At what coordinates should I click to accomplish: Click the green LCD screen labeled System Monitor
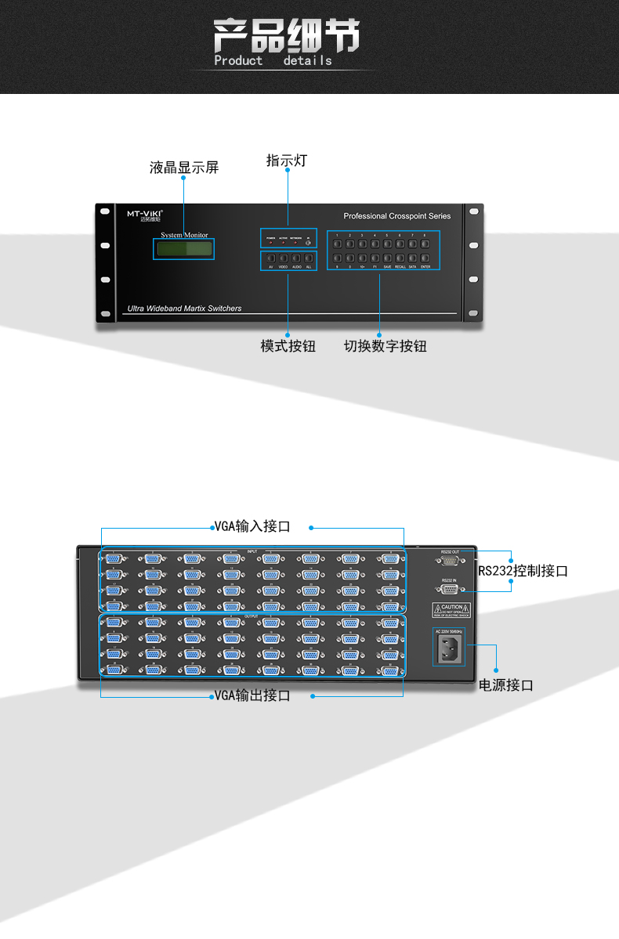(184, 249)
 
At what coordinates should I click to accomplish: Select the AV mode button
(270, 258)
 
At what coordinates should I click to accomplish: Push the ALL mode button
(309, 258)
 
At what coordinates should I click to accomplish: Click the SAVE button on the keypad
(387, 258)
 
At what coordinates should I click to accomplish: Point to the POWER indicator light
(270, 242)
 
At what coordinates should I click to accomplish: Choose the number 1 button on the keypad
(337, 244)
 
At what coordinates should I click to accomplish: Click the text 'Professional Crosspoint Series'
(396, 216)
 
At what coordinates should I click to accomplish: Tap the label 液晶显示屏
(184, 168)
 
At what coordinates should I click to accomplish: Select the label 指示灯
(287, 161)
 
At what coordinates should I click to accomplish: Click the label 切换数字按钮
(385, 346)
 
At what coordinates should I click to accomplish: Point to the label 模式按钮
(288, 346)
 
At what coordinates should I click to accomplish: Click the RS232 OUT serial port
(449, 562)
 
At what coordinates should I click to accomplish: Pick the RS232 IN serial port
(449, 589)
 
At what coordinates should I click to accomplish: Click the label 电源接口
(506, 685)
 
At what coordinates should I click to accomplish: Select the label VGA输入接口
(252, 526)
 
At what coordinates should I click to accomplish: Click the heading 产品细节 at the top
(286, 37)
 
